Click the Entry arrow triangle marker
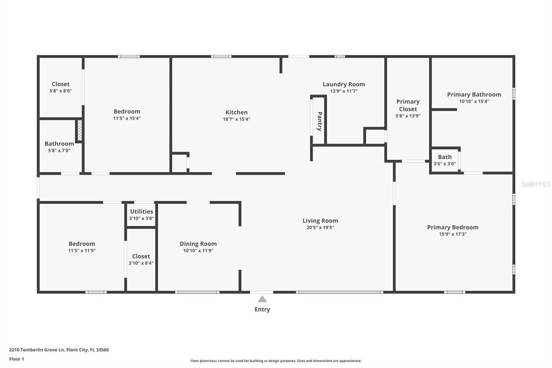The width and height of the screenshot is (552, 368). pyautogui.click(x=262, y=299)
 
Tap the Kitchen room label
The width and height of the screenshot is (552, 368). pyautogui.click(x=237, y=112)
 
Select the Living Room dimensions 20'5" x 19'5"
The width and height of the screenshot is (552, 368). pyautogui.click(x=320, y=228)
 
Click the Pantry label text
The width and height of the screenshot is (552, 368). pyautogui.click(x=320, y=121)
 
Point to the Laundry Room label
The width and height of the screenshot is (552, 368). pyautogui.click(x=343, y=84)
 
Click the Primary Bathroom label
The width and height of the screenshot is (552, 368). pyautogui.click(x=474, y=94)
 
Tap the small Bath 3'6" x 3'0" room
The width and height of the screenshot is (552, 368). pyautogui.click(x=445, y=160)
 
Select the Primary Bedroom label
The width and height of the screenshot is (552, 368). pyautogui.click(x=452, y=227)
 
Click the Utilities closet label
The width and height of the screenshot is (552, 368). pyautogui.click(x=141, y=212)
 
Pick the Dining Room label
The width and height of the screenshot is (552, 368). pyautogui.click(x=198, y=244)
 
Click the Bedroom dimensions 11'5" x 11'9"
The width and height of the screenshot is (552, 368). pyautogui.click(x=81, y=251)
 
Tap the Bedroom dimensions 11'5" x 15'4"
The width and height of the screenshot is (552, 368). pyautogui.click(x=127, y=119)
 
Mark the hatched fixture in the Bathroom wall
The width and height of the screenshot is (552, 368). pyautogui.click(x=79, y=130)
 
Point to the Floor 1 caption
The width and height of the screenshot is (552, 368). pyautogui.click(x=17, y=359)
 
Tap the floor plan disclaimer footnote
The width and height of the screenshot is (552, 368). pyautogui.click(x=275, y=361)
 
